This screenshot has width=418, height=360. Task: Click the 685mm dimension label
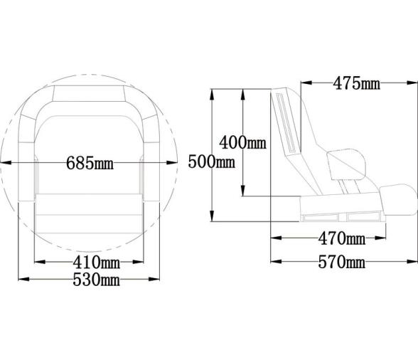[90, 163]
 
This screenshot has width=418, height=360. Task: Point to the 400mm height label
[242, 142]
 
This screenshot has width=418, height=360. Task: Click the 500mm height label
[212, 162]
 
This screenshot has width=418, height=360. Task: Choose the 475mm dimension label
[357, 83]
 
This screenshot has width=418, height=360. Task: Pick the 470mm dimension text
[341, 237]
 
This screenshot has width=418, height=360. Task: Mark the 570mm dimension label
[341, 263]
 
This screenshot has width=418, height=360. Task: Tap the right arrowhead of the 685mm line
[173, 163]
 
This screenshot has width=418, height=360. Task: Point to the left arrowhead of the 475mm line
[304, 83]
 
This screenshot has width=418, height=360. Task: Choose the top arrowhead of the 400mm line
[244, 92]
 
